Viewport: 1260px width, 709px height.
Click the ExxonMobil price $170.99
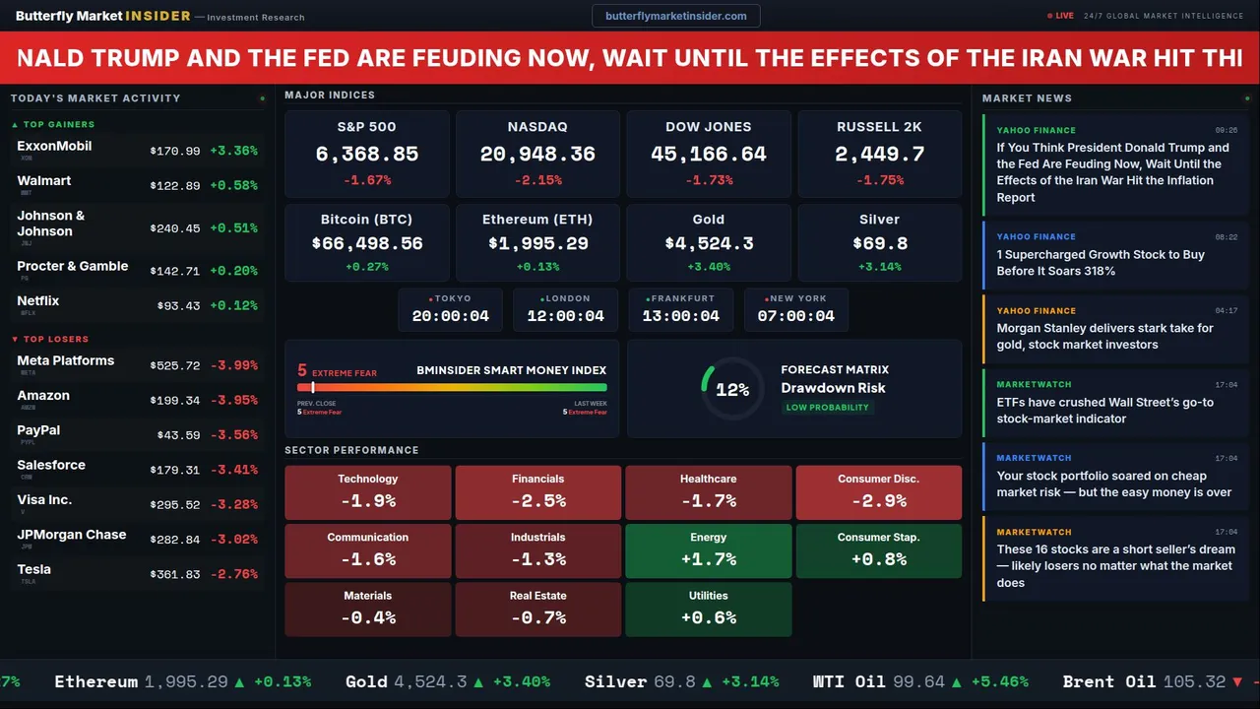(175, 152)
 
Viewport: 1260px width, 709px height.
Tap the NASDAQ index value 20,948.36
(537, 155)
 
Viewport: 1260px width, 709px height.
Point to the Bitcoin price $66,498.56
(367, 243)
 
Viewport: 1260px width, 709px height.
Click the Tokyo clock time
(451, 316)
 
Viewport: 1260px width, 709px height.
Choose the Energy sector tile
(708, 550)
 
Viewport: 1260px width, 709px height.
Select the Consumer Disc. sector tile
(878, 492)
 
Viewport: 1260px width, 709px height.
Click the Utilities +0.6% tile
(708, 610)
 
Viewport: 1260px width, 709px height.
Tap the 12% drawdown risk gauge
(732, 390)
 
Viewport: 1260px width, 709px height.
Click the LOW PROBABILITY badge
(827, 408)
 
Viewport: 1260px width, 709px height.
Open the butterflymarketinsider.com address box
(676, 16)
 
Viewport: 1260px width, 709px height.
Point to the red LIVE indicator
(1060, 16)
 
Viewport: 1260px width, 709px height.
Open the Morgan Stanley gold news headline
(1104, 337)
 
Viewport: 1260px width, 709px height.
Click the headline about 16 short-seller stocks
(1114, 566)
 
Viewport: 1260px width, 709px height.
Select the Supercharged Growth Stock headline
(1101, 263)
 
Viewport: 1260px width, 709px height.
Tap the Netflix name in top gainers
(38, 301)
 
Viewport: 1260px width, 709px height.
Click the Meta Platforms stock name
(65, 361)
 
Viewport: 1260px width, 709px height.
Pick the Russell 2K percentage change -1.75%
(879, 180)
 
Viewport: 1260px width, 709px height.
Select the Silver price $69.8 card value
(879, 243)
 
